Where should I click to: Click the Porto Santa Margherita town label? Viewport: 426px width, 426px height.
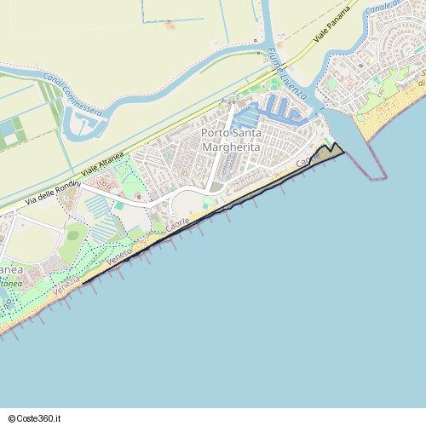point(232,141)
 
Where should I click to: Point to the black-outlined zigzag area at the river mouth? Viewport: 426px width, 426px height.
point(331,151)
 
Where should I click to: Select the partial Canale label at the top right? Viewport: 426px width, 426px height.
point(379,6)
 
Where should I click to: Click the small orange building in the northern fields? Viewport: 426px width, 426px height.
point(170,25)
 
